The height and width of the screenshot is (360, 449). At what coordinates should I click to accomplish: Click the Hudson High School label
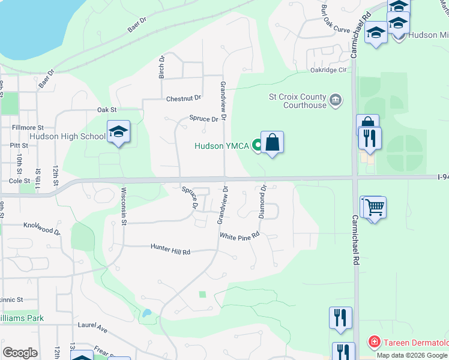[x=67, y=136]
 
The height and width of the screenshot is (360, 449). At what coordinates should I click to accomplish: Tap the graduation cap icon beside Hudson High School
[x=119, y=133]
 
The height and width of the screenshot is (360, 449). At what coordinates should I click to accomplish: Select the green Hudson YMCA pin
[x=258, y=145]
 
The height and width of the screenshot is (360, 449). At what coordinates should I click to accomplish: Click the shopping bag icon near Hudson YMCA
[x=272, y=143]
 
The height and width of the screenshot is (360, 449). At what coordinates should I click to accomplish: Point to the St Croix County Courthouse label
[x=297, y=101]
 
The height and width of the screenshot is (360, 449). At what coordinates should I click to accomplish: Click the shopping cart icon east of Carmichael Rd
[x=375, y=208]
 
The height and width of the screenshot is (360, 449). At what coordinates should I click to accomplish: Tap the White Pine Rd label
[x=239, y=236]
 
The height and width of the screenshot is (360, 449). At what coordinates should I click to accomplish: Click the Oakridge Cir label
[x=330, y=70]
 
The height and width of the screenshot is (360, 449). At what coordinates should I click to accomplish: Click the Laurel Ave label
[x=92, y=327]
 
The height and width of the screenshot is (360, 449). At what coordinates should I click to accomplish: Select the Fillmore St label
[x=28, y=128]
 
